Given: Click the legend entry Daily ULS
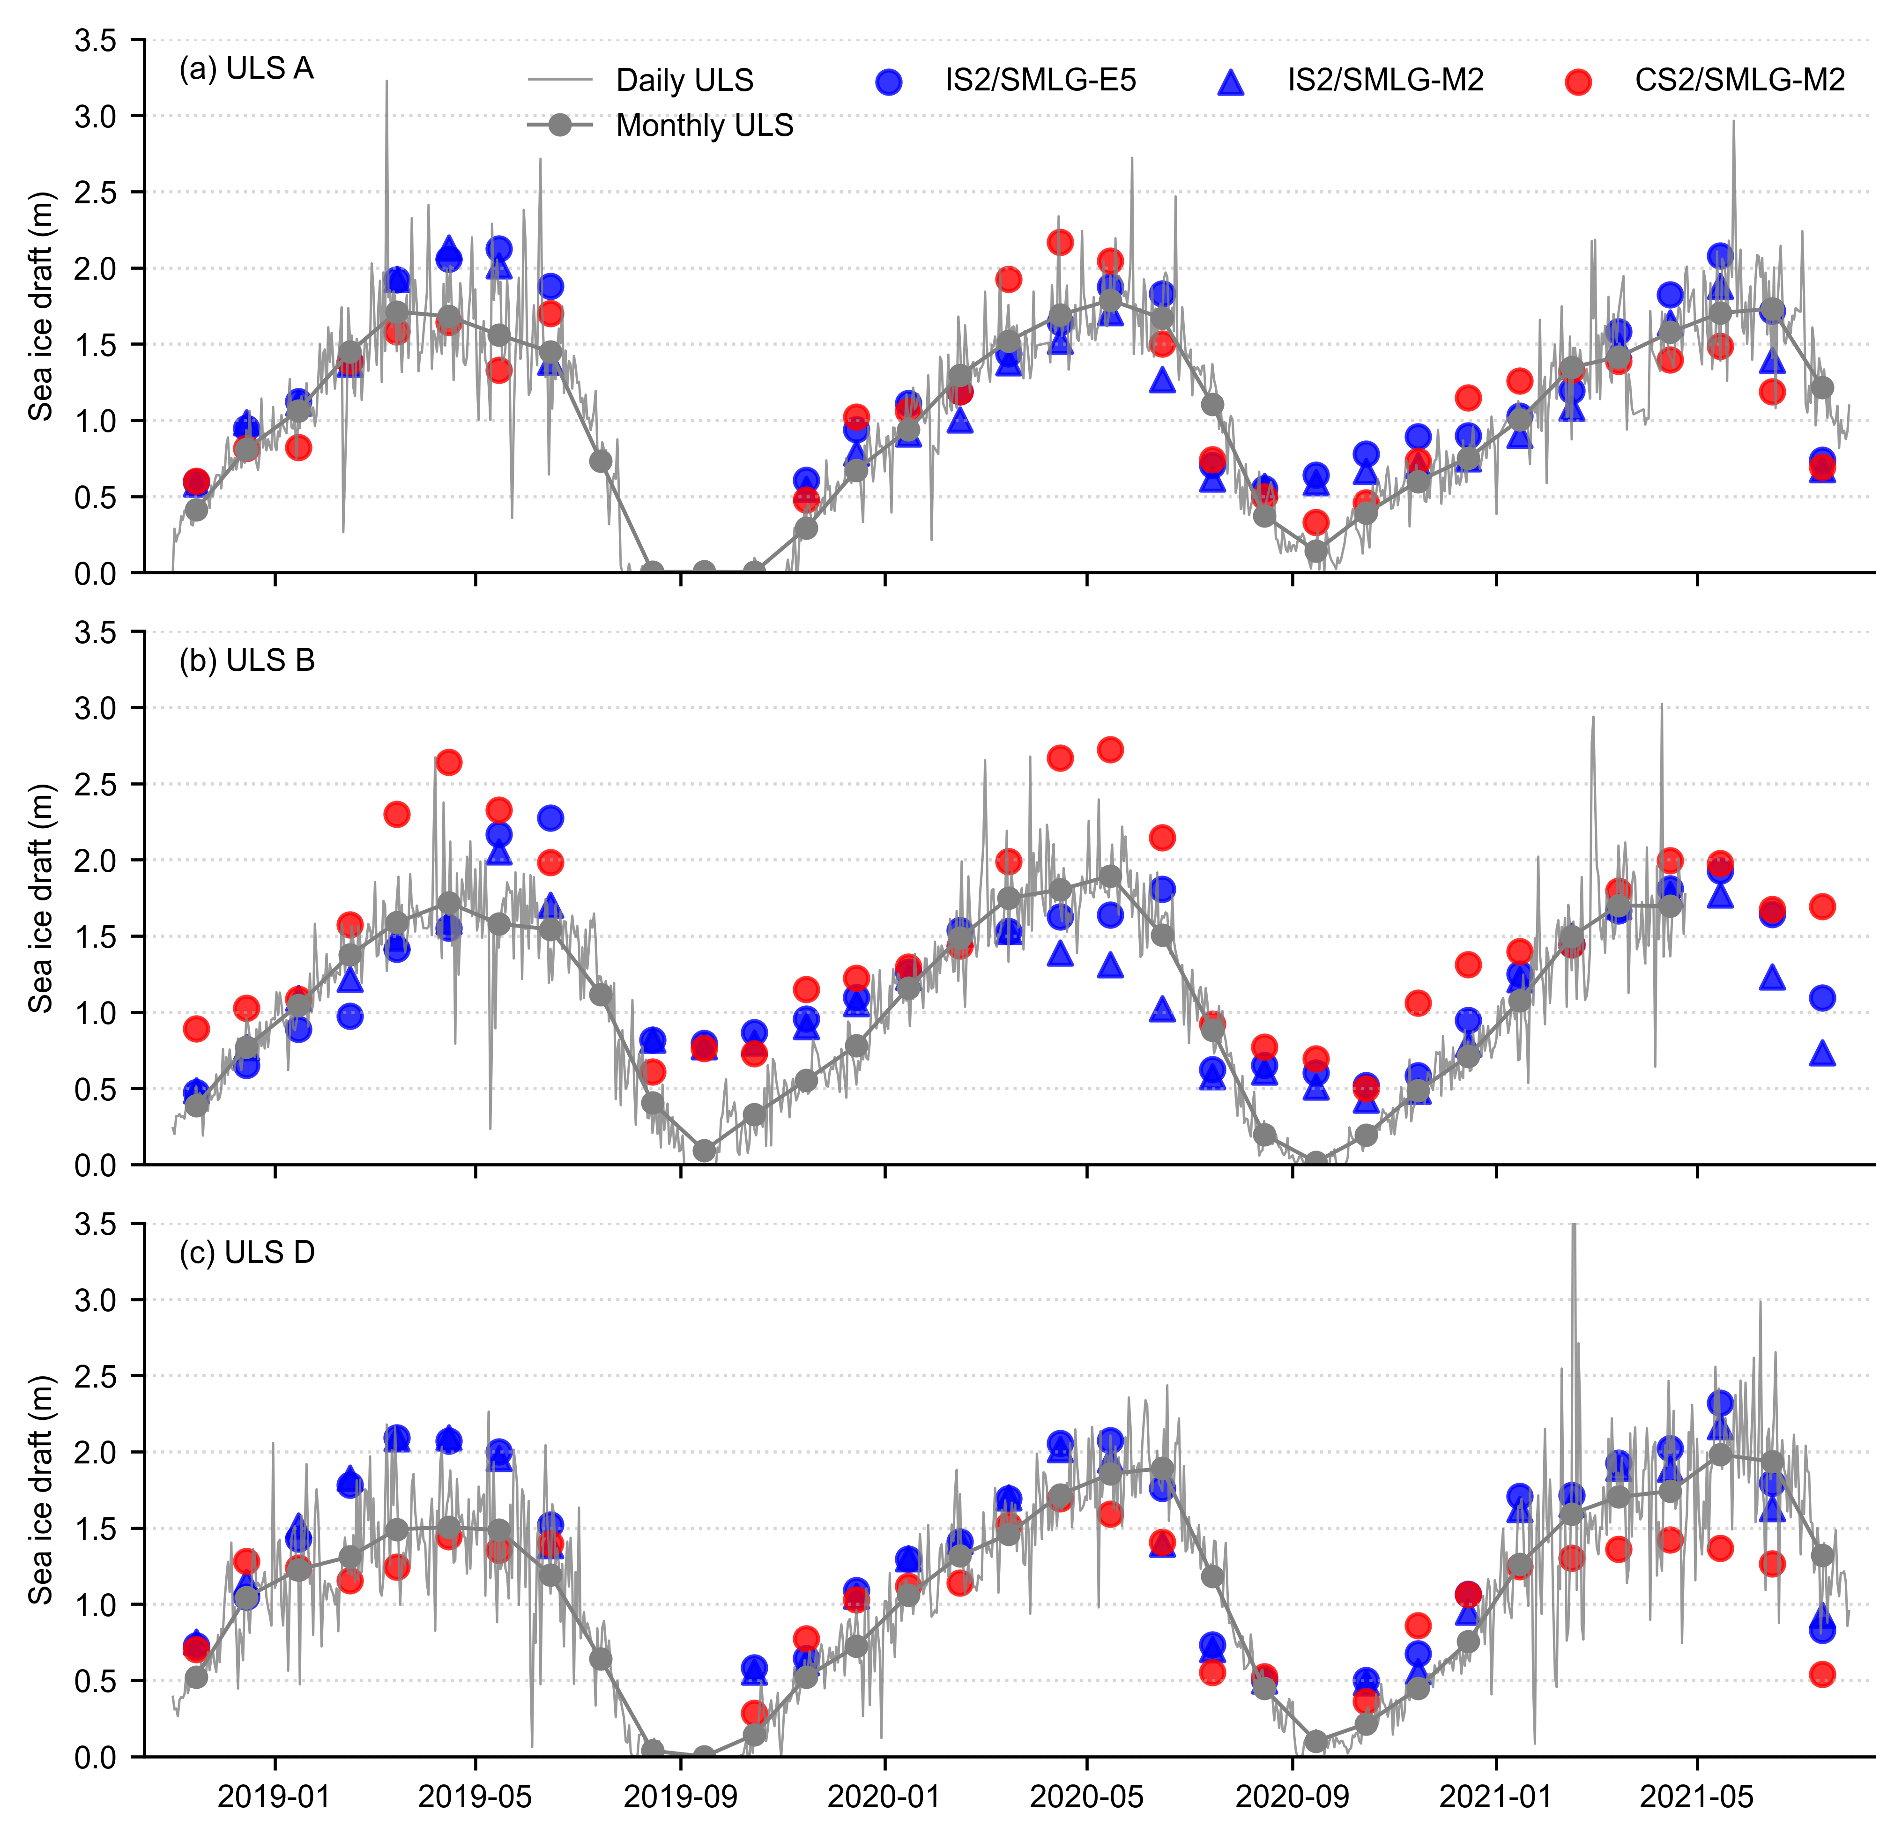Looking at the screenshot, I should coord(684,81).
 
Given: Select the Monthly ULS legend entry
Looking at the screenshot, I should coord(705,125).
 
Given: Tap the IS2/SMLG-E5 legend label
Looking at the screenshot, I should coord(1040,81).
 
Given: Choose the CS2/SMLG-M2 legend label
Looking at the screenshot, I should coord(1739,81).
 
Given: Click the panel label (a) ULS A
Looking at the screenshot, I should coord(246,69).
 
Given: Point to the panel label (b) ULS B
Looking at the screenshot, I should coord(246,661).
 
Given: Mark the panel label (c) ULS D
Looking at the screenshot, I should coord(246,1253).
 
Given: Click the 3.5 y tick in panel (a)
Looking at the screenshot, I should coord(95,41).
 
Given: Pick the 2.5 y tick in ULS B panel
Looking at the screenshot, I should coord(95,784).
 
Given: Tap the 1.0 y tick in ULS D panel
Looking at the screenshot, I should coord(95,1604).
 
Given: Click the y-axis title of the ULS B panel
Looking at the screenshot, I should coord(41,898).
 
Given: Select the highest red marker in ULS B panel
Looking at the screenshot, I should coord(1110,749).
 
